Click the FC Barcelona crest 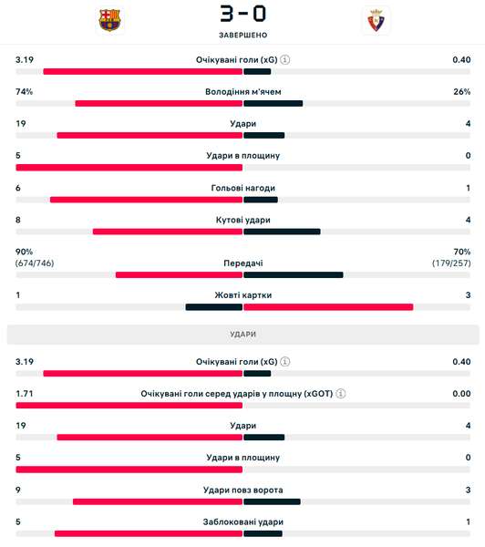point(109,20)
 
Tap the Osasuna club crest point(377,20)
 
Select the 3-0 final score point(242,14)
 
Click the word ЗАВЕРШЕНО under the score point(242,35)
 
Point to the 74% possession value point(24,92)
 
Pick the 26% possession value point(462,92)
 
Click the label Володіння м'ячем point(242,92)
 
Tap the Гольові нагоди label point(242,188)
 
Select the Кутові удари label point(242,220)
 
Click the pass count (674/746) point(35,263)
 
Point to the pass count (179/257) point(451,263)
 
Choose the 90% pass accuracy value point(24,252)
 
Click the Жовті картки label point(242,295)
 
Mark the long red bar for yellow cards point(328,307)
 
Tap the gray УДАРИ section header point(242,335)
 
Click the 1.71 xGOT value point(25,394)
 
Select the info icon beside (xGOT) point(341,394)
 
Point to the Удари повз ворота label point(242,490)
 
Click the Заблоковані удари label point(242,522)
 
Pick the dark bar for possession point(273,103)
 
